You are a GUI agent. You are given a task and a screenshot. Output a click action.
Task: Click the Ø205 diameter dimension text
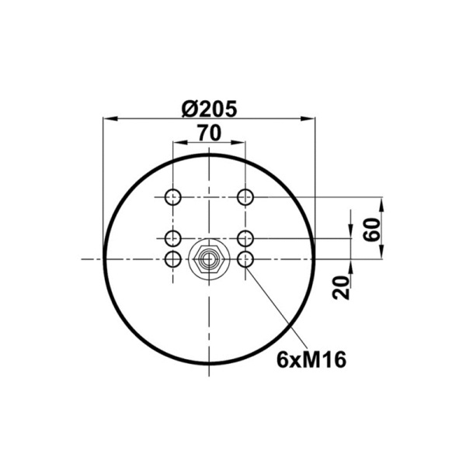209,109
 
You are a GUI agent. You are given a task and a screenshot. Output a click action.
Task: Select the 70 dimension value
210,133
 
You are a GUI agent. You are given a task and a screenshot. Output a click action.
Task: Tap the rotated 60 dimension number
372,230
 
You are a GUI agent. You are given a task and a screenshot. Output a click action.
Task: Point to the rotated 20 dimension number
341,287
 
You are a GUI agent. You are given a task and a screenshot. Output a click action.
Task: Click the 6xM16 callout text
311,359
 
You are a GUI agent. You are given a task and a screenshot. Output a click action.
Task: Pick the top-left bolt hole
173,197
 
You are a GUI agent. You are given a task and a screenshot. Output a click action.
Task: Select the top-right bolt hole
245,197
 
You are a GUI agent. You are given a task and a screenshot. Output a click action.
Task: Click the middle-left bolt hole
173,238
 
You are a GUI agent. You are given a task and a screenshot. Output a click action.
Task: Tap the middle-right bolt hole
245,238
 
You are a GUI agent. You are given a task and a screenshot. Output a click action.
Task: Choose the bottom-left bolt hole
173,259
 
